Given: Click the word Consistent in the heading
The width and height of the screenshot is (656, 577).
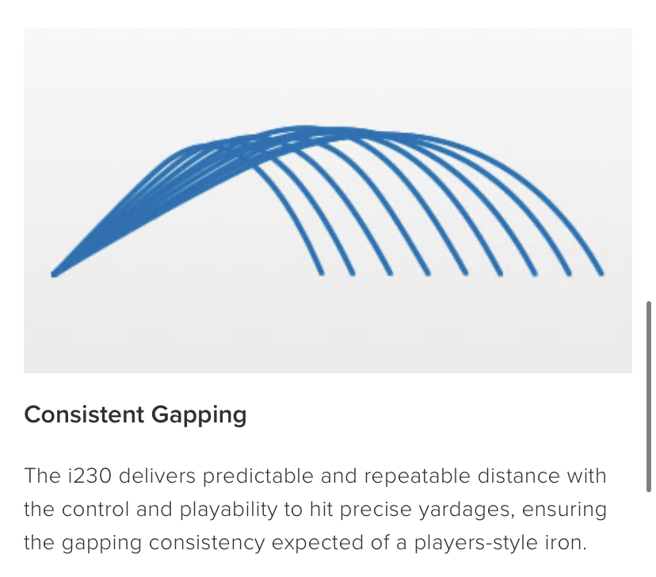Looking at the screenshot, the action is point(84,415).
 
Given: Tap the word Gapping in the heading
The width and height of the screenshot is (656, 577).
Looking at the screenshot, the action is point(199,416).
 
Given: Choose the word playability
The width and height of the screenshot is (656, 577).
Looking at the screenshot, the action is point(228,510).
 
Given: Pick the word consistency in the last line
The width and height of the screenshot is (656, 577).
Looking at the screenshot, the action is point(207,543).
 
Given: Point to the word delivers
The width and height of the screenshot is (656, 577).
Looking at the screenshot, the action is point(157,476).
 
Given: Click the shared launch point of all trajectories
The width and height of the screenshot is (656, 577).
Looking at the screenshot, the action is point(54,274).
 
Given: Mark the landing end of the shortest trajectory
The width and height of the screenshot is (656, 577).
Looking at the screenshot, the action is point(322,273).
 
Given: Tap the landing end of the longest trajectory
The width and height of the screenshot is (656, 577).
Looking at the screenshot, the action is point(601,273).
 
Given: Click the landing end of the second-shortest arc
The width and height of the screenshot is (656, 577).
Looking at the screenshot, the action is point(353,273).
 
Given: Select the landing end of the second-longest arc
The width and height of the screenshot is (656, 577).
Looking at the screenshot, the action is point(569,273).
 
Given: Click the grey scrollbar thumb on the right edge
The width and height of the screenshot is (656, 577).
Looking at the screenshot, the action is point(649,396).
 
